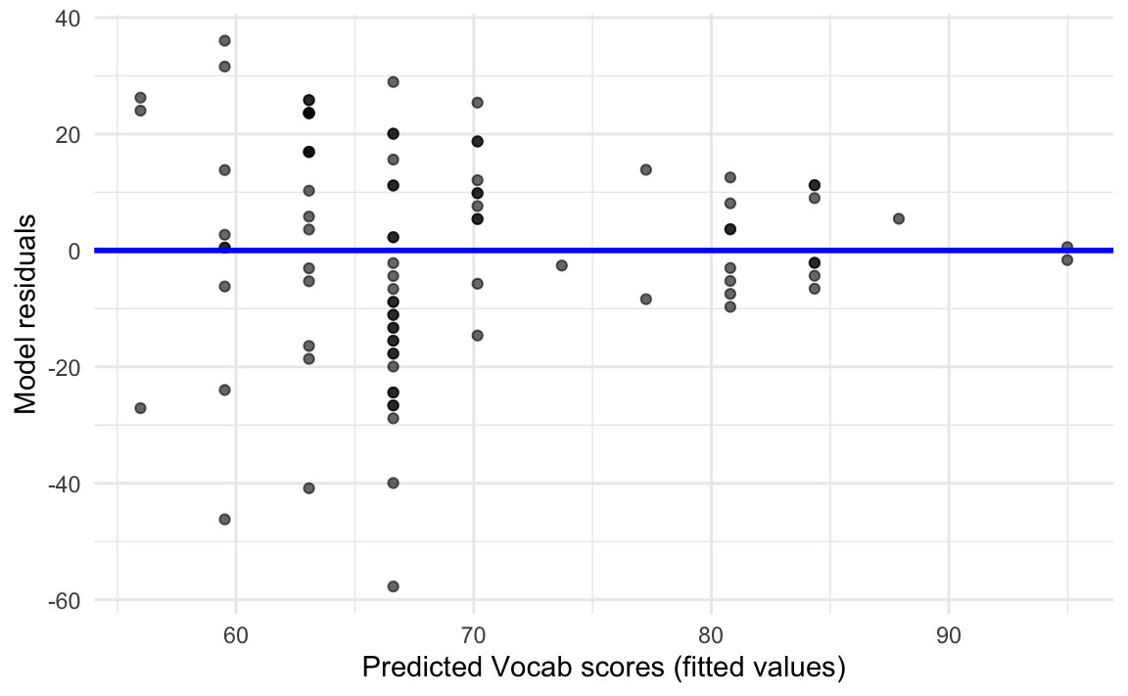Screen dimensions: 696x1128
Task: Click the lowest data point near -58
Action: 393,586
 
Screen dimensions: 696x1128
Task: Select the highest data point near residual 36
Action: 224,40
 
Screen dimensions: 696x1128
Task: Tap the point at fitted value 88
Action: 899,218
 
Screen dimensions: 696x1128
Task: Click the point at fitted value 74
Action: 561,265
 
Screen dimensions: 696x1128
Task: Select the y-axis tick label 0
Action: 75,251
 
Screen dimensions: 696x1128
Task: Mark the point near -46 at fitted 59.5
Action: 224,519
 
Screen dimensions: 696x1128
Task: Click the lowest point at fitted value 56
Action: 140,407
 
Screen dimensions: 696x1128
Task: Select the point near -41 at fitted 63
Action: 308,487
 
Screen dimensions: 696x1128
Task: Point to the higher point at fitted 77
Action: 645,169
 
